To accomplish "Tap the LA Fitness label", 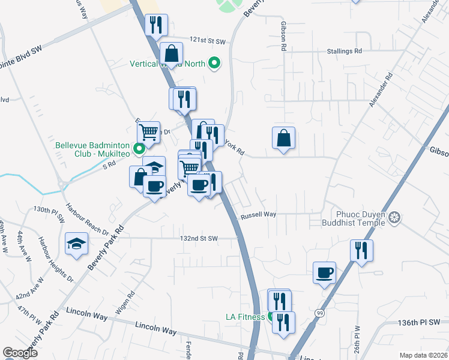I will (244, 317).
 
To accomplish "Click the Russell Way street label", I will (258, 214).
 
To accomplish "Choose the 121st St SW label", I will (208, 41).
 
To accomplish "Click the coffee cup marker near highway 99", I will (325, 273).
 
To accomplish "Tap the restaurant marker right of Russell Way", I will (361, 250).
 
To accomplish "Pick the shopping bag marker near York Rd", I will (284, 139).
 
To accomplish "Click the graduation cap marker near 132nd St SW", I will (77, 243).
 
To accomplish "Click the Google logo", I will (20, 353).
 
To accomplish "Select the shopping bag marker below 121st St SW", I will (172, 53).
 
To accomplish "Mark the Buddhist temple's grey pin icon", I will (394, 217).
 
